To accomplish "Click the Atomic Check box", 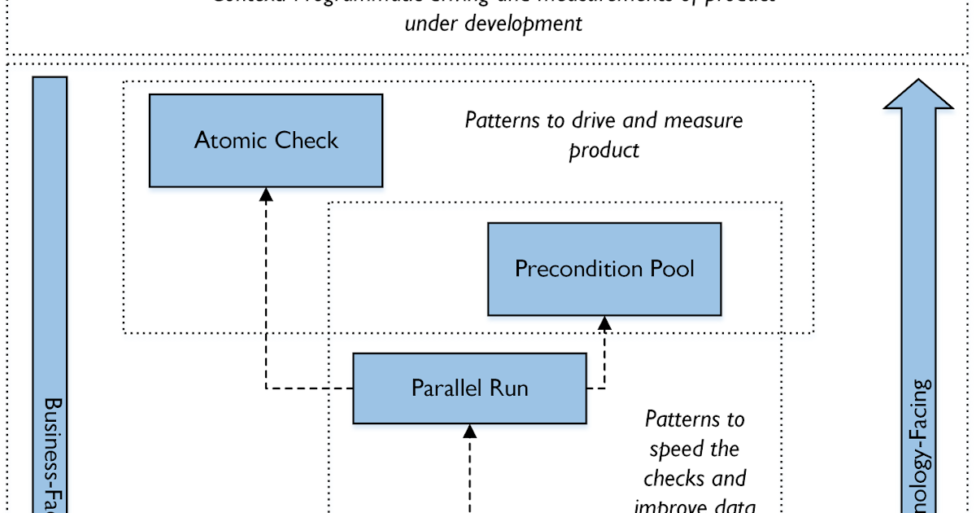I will (x=266, y=140).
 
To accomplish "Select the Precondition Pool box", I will (x=603, y=269).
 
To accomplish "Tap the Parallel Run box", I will (x=469, y=388).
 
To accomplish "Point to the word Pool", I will (x=671, y=269).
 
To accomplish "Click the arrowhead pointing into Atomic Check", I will (x=266, y=194).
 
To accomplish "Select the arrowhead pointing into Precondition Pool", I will (x=604, y=323).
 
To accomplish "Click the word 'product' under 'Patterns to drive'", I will (x=603, y=150).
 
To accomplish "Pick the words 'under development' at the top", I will (x=493, y=23).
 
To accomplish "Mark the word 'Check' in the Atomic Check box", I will (x=306, y=140).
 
